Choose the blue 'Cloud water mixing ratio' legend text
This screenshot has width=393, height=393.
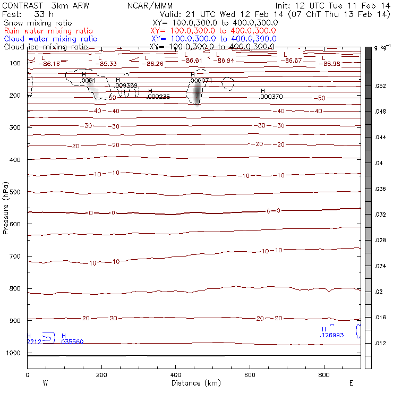click(50, 39)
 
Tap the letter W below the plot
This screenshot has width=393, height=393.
click(45, 383)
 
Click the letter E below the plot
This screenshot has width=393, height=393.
click(351, 383)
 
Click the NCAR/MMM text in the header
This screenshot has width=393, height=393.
click(149, 6)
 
